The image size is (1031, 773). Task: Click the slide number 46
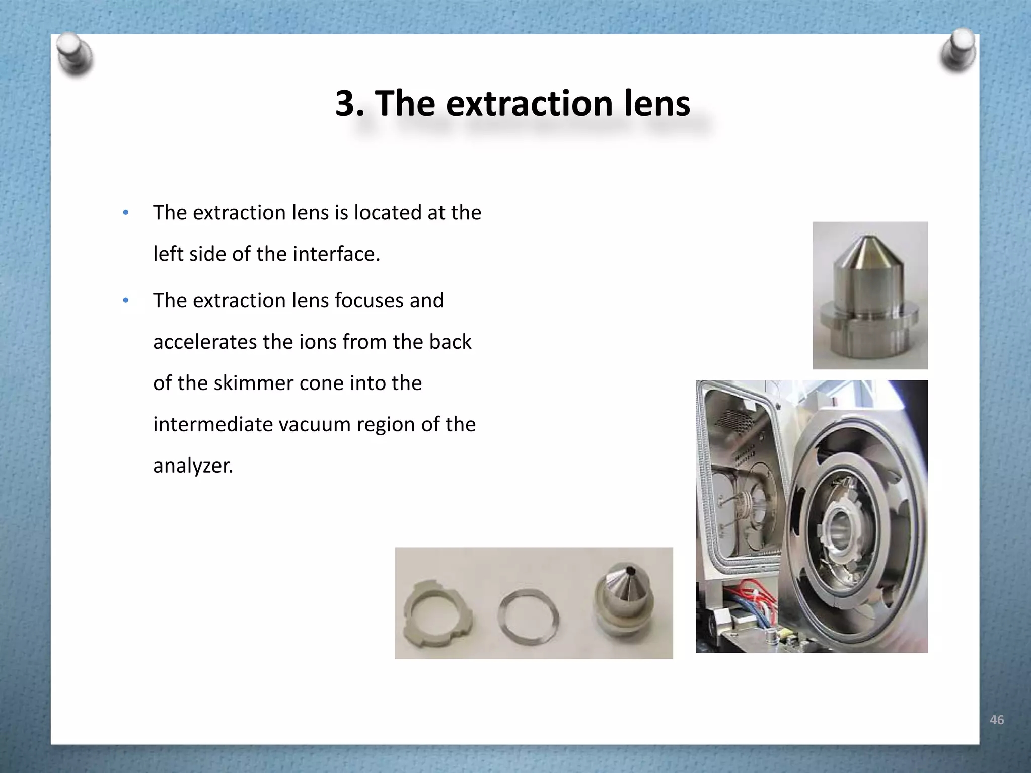point(996,720)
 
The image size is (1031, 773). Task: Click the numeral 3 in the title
point(346,104)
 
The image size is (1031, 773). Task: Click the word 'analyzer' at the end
point(192,466)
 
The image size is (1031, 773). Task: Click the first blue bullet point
point(126,212)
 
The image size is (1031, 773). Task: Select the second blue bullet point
point(126,301)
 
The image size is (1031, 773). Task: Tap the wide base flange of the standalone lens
point(870,325)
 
